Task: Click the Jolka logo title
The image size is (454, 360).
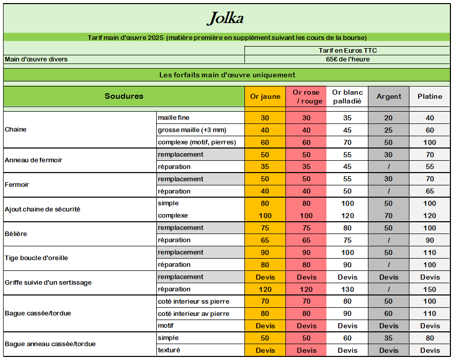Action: click(225, 18)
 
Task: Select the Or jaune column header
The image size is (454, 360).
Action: click(265, 96)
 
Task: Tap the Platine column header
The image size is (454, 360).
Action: click(429, 96)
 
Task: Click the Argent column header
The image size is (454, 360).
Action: click(389, 96)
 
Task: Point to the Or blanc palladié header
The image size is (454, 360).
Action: click(347, 96)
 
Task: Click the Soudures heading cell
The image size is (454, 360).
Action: click(124, 96)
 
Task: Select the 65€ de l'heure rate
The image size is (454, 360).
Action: click(347, 59)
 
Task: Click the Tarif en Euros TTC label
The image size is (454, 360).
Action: click(347, 51)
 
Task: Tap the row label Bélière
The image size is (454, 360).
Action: click(16, 234)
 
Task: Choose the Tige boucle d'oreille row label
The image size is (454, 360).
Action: click(36, 258)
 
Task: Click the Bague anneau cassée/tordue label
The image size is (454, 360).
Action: click(50, 344)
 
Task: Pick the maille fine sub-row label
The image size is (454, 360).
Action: click(174, 118)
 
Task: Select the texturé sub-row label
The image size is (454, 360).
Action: click(169, 350)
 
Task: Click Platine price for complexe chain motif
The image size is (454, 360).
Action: click(429, 142)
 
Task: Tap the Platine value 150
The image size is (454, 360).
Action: click(429, 289)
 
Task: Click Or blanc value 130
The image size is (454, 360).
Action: click(347, 289)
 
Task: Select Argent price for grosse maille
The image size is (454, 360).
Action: click(388, 130)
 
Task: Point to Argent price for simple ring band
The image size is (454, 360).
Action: click(388, 338)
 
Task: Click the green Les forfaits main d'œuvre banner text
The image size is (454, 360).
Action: click(227, 75)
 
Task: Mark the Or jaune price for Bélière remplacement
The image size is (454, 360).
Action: click(265, 228)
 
